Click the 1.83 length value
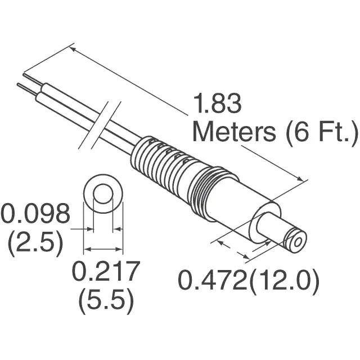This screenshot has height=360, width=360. point(218,103)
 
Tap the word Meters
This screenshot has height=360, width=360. point(234,132)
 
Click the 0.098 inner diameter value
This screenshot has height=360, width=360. point(35,213)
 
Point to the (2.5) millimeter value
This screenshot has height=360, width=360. point(35,243)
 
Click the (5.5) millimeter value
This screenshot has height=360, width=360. point(106,301)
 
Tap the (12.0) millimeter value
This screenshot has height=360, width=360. point(283,281)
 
